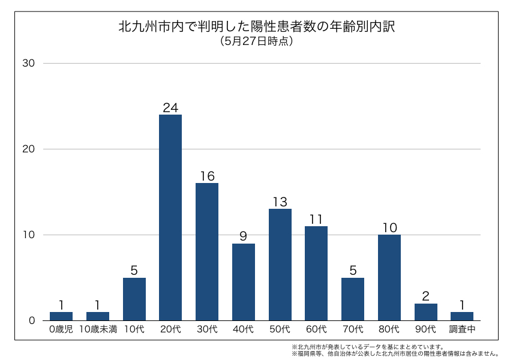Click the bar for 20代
tap(170, 217)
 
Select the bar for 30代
tap(207, 251)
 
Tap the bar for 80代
tap(389, 277)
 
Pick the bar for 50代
tap(280, 264)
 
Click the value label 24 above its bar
tap(170, 108)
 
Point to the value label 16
tap(207, 176)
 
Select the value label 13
tap(280, 202)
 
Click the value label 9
tap(244, 236)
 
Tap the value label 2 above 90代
tap(426, 296)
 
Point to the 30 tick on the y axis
tap(29, 64)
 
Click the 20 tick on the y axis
tap(29, 149)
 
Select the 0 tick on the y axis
tap(32, 320)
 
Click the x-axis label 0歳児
tap(61, 329)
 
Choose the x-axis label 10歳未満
tap(98, 329)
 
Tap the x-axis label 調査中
tap(462, 329)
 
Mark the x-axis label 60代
tap(316, 329)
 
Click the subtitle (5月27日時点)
tap(256, 41)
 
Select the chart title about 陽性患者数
tap(256, 27)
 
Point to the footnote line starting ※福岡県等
tap(395, 353)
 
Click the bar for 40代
tap(244, 282)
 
